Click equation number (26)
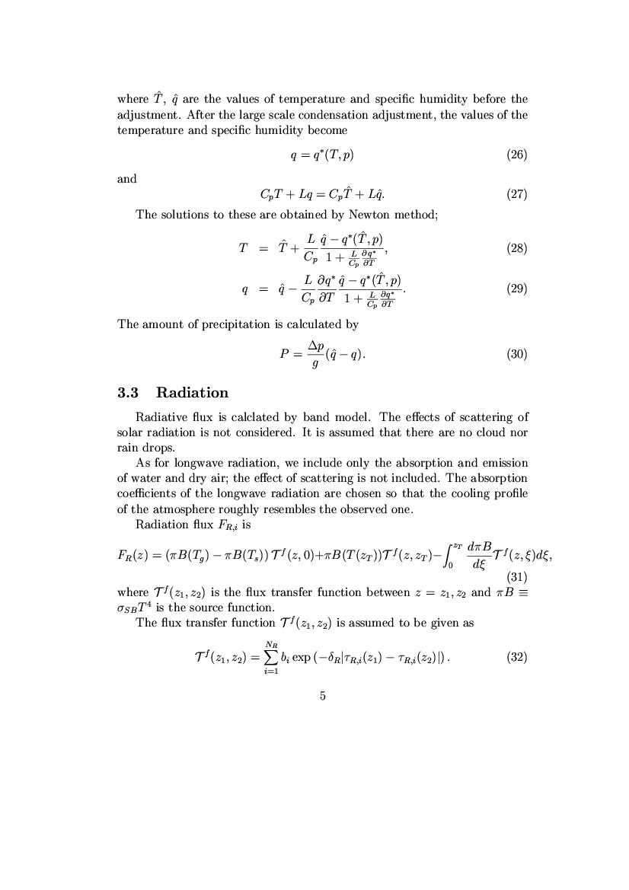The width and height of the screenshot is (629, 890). point(516,156)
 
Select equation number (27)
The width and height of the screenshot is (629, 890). point(516,194)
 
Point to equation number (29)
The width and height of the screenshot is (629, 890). point(516,289)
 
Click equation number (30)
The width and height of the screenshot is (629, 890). point(516,353)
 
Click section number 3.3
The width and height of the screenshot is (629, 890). point(129,393)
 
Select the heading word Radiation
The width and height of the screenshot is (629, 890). point(192,393)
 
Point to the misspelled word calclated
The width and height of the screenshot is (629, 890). point(261,417)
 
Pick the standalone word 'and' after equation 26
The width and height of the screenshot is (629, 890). point(127,179)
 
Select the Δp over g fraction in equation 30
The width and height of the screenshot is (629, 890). point(315,354)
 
